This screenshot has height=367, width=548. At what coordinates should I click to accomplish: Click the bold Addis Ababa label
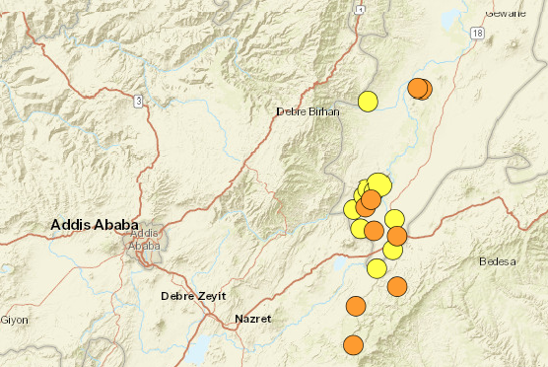(95, 226)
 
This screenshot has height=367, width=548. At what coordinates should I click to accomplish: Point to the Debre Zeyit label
(194, 296)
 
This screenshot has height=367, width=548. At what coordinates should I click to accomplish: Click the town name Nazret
(253, 319)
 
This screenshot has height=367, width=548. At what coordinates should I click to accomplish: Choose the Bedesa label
(498, 261)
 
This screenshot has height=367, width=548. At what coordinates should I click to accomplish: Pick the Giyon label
(14, 320)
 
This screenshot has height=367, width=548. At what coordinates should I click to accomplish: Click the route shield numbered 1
(362, 9)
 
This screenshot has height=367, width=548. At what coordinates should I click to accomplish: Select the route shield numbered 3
(140, 101)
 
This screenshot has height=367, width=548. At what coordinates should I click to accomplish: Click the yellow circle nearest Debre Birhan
(369, 101)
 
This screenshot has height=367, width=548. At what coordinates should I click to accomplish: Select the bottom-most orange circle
(353, 344)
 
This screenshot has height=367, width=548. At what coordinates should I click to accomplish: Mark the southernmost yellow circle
(377, 268)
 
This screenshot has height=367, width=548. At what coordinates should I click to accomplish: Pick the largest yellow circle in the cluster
(379, 184)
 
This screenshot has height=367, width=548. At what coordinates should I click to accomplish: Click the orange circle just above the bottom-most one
(356, 307)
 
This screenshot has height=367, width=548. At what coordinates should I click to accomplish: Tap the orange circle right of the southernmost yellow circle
(397, 287)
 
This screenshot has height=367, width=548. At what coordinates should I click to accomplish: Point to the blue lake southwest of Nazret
(197, 347)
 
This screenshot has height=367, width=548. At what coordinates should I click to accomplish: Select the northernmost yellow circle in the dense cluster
(366, 186)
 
